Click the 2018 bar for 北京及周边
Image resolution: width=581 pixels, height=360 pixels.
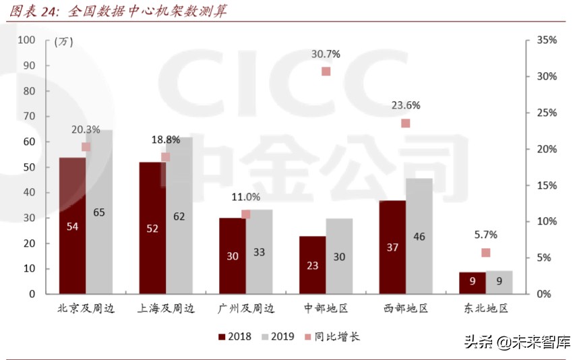[72, 226]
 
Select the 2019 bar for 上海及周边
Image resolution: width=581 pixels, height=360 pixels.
[179, 216]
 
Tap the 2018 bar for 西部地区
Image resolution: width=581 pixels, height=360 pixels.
[392, 247]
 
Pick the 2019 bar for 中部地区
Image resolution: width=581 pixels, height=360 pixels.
[339, 256]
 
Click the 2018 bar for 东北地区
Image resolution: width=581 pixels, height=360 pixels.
[472, 283]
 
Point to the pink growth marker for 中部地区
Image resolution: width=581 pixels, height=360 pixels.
[326, 71]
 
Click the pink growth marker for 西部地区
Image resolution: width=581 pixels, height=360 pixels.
[406, 123]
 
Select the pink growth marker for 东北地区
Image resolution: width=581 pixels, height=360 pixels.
[485, 253]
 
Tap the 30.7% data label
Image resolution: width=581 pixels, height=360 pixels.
[326, 53]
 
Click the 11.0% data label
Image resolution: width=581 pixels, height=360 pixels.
[245, 197]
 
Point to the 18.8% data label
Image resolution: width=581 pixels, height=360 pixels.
[165, 140]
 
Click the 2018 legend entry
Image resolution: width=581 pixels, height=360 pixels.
[234, 336]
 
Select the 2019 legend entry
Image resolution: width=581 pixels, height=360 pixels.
[276, 336]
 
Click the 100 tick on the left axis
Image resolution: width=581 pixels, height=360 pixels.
[26, 40]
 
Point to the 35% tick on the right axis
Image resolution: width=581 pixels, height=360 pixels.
[545, 40]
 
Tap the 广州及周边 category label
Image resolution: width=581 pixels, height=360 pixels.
[247, 309]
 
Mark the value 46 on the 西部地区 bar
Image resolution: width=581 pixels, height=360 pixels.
[419, 237]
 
